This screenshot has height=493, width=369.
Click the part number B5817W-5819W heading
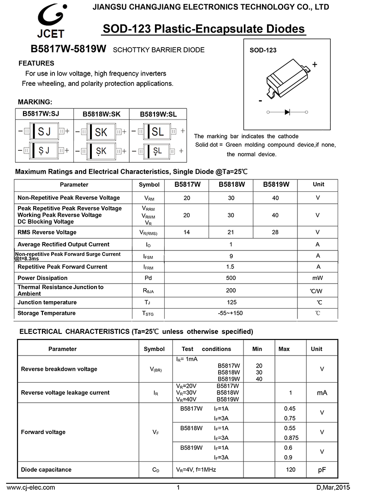[68, 49]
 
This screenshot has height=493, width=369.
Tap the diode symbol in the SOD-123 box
[287, 112]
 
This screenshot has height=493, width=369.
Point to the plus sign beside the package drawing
[315, 65]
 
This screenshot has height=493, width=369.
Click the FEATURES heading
[36, 64]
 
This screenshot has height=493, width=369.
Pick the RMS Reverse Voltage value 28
[275, 232]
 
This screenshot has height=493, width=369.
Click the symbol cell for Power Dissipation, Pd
[148, 278]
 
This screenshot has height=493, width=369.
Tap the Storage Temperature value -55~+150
[231, 314]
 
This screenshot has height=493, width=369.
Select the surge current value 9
[231, 256]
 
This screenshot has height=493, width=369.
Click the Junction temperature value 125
[232, 303]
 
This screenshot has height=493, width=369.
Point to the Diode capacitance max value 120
[291, 470]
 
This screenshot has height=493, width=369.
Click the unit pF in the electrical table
[321, 470]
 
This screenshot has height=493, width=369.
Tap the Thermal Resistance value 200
[231, 291]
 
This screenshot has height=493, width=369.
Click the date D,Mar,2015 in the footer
[333, 487]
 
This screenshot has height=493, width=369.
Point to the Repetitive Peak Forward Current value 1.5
[231, 267]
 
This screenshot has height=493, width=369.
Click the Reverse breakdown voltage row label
[59, 369]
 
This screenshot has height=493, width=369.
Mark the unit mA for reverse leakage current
[321, 393]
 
